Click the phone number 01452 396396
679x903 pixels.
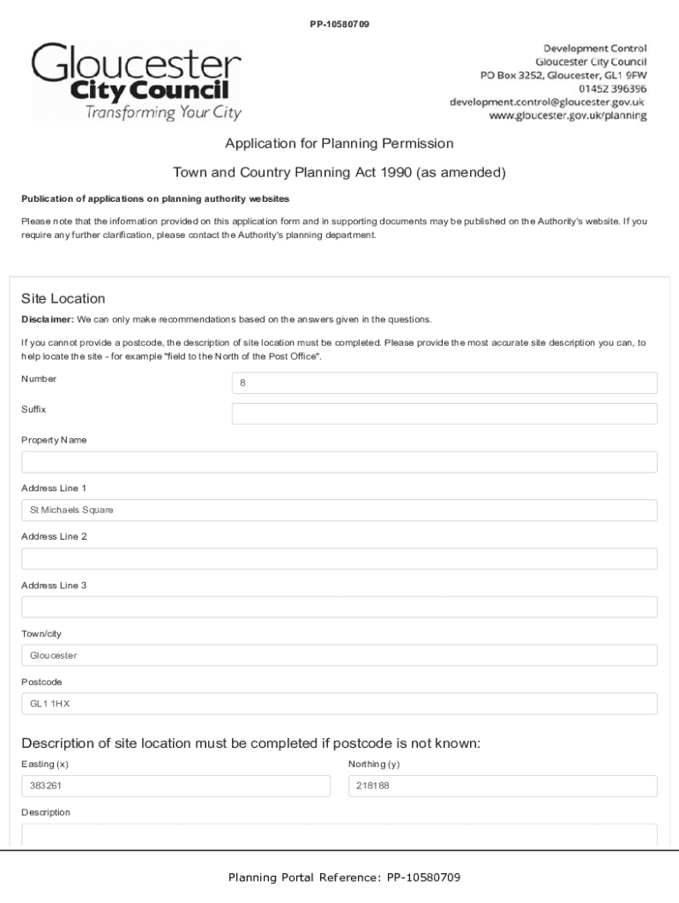(x=612, y=88)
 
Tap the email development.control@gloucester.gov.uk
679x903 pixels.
(x=547, y=101)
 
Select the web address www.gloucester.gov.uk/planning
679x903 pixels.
(x=567, y=116)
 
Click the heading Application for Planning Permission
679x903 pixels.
(x=339, y=143)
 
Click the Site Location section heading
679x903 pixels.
(x=63, y=298)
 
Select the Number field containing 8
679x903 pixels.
(x=444, y=384)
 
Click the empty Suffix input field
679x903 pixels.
(x=444, y=414)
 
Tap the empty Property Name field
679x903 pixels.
(x=339, y=462)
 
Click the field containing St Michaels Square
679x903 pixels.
(x=339, y=510)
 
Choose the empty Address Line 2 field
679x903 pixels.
(x=339, y=558)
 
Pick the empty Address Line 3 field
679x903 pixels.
(x=339, y=607)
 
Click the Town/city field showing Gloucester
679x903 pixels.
(x=339, y=655)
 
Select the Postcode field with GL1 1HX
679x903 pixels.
(x=339, y=703)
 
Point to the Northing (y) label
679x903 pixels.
(x=374, y=764)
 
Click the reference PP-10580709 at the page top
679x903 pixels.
(x=339, y=24)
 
